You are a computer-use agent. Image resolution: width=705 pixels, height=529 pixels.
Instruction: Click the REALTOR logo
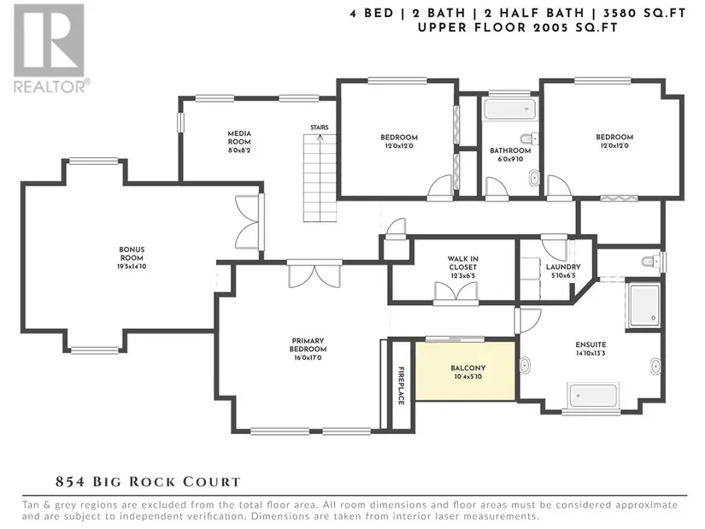50,48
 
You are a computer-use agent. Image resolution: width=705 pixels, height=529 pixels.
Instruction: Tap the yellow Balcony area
466,371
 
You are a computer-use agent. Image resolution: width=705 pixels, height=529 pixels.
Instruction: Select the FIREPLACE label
401,385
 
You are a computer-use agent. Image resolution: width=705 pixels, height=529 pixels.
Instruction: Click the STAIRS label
320,127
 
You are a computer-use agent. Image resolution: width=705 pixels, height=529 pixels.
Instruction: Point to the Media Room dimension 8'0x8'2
239,150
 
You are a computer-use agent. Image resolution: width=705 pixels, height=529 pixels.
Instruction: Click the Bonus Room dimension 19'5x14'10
132,267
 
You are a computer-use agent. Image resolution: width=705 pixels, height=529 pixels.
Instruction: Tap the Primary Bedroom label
308,345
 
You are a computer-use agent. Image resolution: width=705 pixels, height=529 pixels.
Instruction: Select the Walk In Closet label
462,262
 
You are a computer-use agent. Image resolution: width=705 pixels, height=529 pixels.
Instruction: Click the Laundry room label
563,267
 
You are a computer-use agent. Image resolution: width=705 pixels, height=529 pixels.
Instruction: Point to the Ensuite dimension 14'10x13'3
590,353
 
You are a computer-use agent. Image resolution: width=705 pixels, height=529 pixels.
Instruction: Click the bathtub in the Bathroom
510,109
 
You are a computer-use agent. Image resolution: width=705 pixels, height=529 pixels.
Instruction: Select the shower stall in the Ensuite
643,305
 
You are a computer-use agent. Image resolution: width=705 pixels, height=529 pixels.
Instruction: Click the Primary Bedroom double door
314,274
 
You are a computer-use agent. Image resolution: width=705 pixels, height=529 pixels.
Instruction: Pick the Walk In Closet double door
455,292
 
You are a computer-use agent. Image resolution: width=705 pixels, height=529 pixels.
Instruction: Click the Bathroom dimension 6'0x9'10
510,159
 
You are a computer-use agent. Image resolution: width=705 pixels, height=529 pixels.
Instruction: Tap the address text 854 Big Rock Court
148,482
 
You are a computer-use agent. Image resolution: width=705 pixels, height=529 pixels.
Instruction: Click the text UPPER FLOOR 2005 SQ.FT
518,27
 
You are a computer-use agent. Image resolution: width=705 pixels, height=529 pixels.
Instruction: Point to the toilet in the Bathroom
529,138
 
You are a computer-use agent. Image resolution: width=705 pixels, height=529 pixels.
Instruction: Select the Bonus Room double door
250,222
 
